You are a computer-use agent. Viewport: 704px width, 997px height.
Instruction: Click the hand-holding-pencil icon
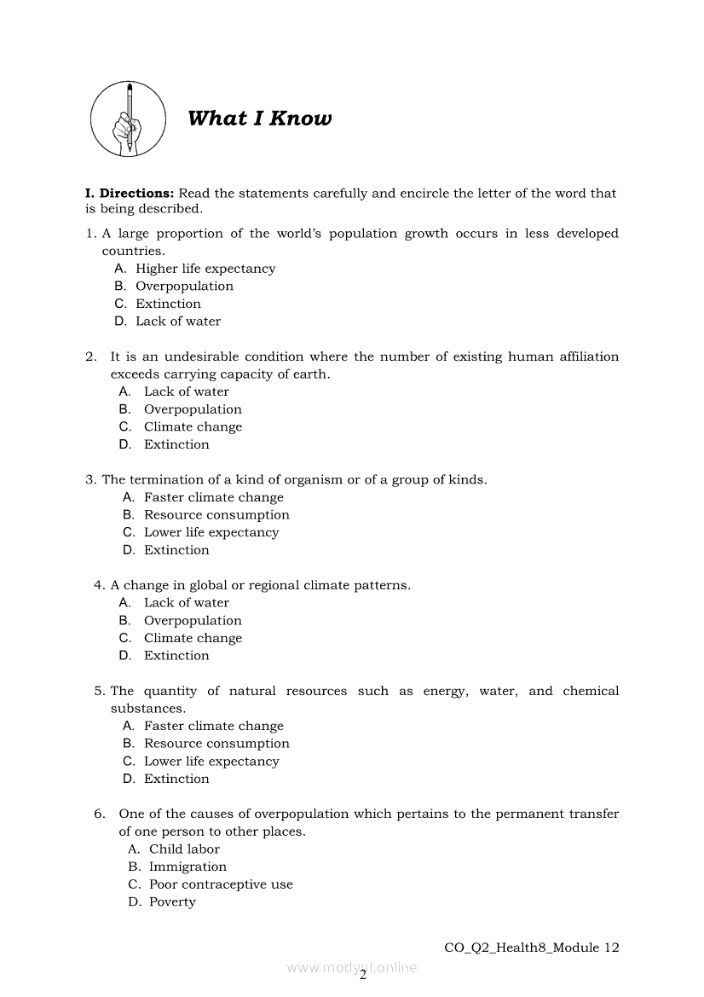[129, 119]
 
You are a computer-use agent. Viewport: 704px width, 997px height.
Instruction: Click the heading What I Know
[259, 119]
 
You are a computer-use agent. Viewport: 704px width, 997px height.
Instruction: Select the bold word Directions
[136, 194]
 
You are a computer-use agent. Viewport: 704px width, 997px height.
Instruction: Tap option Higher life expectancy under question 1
[205, 269]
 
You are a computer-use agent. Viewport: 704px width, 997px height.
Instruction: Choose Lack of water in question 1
[177, 322]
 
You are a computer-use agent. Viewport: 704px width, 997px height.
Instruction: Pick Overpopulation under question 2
[193, 409]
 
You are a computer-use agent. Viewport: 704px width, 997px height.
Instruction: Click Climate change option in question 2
[193, 427]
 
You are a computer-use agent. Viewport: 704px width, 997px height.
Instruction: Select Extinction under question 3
[176, 550]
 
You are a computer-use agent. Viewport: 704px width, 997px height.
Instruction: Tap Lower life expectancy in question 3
[211, 532]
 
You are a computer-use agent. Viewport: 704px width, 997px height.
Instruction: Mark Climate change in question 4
[193, 638]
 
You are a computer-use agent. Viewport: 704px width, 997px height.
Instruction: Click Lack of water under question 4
[186, 603]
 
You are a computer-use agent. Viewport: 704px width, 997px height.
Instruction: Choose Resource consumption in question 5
[216, 744]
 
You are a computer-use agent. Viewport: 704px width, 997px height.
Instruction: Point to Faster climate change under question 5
[213, 726]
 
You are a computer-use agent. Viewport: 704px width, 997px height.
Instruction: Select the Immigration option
[188, 867]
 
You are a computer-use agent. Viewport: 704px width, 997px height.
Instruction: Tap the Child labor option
[184, 849]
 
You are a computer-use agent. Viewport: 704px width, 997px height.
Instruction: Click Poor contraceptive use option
[221, 884]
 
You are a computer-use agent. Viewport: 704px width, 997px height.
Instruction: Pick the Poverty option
[172, 902]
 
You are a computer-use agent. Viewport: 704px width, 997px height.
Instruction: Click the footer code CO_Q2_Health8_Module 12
[532, 948]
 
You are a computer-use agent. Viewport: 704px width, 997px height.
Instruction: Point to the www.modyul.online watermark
[351, 967]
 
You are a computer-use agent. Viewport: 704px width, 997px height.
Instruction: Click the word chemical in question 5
[591, 691]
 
